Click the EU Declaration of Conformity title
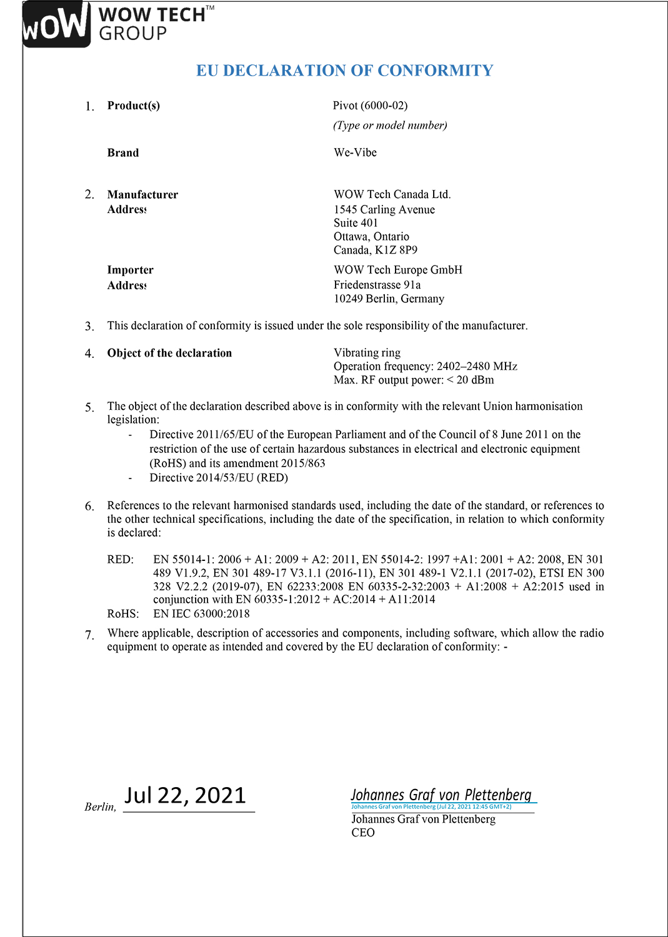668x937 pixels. (x=344, y=71)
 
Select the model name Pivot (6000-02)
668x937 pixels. (x=370, y=106)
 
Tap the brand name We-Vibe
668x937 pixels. (x=355, y=152)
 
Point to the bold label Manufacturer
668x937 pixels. (x=142, y=195)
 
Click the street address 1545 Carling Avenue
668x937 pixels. (x=384, y=210)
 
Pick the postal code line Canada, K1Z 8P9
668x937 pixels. (x=375, y=250)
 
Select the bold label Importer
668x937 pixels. (x=130, y=270)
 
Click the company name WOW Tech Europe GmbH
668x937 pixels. (x=397, y=270)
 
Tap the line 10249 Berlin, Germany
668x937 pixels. (x=389, y=299)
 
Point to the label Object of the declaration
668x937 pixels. (x=169, y=353)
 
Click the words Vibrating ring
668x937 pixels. (x=367, y=353)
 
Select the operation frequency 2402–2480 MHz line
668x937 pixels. (x=425, y=367)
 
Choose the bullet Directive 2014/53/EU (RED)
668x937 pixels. (x=219, y=478)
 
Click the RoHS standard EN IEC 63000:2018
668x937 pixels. (x=201, y=614)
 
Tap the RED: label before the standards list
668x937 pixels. (x=120, y=560)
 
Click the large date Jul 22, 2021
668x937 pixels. (x=186, y=795)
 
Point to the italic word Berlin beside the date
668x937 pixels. (x=100, y=807)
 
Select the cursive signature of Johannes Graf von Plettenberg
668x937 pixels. (x=441, y=795)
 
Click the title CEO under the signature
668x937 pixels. (x=362, y=833)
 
